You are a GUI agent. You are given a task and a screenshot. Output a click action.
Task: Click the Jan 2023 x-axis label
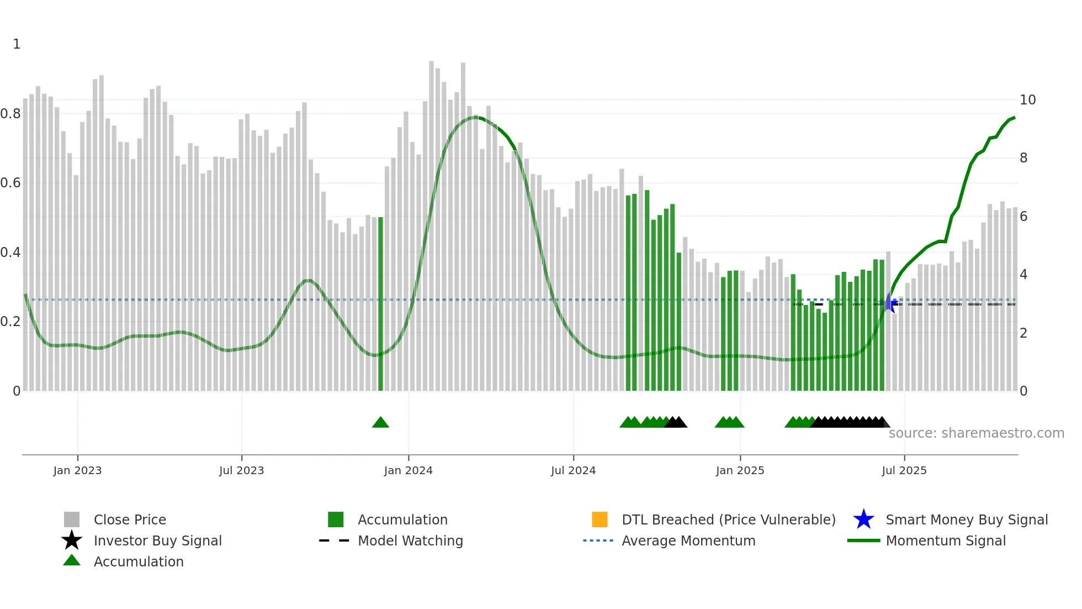pos(77,470)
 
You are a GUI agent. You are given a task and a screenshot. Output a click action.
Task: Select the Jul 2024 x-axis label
pos(573,470)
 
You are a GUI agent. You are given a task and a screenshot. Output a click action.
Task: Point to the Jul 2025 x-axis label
pos(904,470)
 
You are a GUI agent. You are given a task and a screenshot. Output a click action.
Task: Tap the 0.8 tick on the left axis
pos(11,114)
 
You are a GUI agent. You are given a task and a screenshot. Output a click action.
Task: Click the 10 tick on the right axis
pos(1027,100)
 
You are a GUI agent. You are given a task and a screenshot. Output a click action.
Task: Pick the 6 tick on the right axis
pos(1023,217)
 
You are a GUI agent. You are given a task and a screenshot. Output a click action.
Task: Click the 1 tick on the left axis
pos(17,44)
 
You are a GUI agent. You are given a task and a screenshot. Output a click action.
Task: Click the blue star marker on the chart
pos(890,303)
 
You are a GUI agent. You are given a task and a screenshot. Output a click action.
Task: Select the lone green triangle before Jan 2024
pos(380,423)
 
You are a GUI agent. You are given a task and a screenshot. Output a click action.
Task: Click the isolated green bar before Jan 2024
pos(380,304)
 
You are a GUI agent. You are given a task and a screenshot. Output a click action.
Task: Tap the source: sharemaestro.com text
pos(976,433)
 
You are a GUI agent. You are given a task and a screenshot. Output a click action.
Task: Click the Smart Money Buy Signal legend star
pos(863,519)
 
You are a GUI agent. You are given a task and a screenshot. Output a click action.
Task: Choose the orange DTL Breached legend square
pos(600,519)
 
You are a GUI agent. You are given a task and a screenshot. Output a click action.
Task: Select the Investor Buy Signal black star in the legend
pos(72,540)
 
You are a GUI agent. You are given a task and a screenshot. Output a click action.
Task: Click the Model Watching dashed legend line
pos(335,540)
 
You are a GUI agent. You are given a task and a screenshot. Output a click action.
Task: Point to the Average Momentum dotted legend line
pos(598,540)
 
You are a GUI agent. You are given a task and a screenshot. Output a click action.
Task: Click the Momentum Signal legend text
pos(946,540)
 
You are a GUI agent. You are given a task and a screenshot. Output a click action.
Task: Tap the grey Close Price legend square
pos(72,519)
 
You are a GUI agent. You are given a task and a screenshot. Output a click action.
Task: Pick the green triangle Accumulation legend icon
pos(72,561)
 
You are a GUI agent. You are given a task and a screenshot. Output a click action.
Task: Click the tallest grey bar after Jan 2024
pos(431,227)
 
